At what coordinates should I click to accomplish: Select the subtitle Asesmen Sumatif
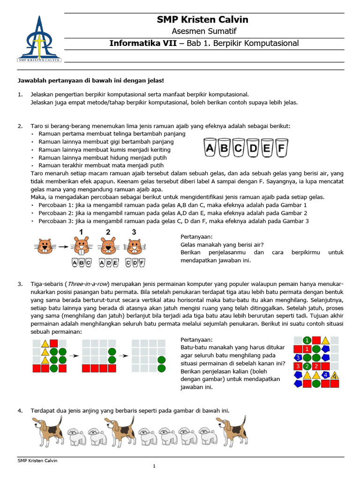click(x=202, y=31)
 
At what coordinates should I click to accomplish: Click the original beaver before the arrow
click(x=45, y=246)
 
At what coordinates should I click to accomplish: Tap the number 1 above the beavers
click(x=81, y=232)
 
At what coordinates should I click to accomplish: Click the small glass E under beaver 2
click(x=116, y=263)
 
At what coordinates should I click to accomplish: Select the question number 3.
click(x=20, y=284)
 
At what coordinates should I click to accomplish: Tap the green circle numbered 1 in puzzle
click(x=307, y=340)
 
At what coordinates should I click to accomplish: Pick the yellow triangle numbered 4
click(x=334, y=375)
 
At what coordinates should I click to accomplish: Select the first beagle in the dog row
click(x=49, y=430)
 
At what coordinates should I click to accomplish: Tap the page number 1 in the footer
click(x=154, y=466)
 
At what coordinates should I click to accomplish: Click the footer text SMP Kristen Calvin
click(x=37, y=460)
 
